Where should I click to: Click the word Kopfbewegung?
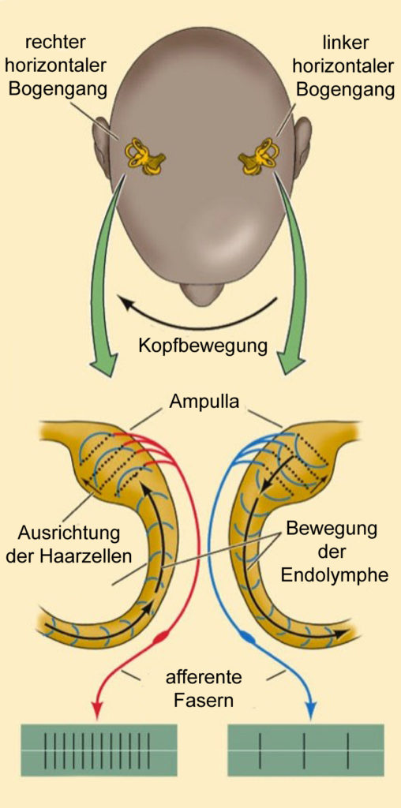coord(203,346)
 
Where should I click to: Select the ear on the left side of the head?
coord(101,148)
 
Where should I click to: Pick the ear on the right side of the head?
coord(302,148)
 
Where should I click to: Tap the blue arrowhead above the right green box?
coord(311,713)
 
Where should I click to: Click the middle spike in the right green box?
coord(305,750)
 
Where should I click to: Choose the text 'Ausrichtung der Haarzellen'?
coord(69,543)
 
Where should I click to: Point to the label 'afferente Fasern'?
coord(203,688)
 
